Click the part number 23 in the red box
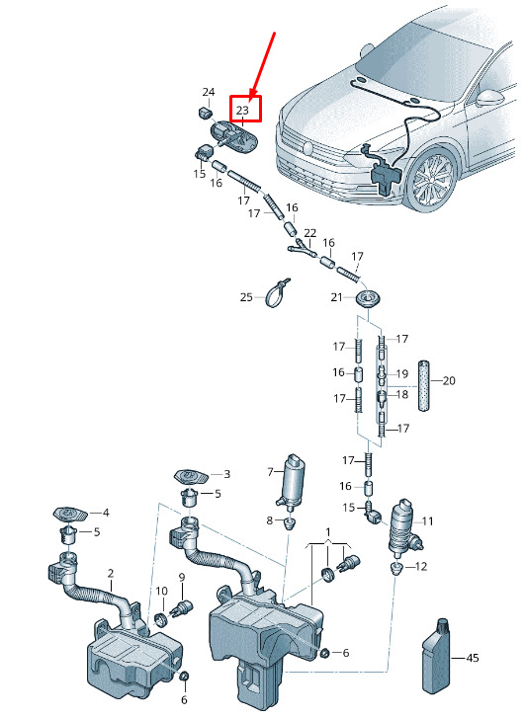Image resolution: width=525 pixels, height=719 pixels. tap(242, 110)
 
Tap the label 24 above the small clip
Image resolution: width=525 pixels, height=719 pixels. tap(209, 92)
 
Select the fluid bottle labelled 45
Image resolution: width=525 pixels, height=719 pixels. tap(435, 656)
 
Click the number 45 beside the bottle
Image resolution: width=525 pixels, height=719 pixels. tap(473, 658)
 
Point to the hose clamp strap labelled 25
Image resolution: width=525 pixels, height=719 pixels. tap(277, 293)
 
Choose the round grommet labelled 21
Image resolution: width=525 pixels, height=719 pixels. tap(368, 298)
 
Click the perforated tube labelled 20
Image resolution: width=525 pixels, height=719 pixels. tap(423, 385)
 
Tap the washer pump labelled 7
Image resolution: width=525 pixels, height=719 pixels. tap(293, 483)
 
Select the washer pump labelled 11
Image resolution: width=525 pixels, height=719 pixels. tap(403, 527)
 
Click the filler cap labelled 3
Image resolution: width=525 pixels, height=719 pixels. tap(191, 476)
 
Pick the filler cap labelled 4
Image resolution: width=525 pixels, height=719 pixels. tap(70, 514)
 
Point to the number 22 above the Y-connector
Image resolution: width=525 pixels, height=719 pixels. tap(310, 233)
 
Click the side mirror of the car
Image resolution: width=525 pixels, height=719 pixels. tap(489, 97)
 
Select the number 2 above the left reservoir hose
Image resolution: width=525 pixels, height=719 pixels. tap(111, 573)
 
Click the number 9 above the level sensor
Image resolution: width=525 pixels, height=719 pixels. tap(182, 578)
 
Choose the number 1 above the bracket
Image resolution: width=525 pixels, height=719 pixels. tap(328, 532)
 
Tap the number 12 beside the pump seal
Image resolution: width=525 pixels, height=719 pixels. tap(421, 566)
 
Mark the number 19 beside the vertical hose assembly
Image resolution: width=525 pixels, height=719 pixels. tap(402, 373)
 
